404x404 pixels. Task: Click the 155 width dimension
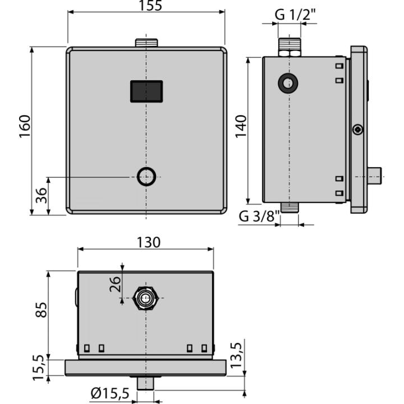point(150,6)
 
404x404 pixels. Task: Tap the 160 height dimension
point(25,126)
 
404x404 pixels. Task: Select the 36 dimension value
point(42,196)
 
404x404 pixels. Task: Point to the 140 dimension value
point(241,126)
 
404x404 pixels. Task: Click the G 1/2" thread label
point(295,15)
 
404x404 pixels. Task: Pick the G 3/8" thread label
point(259,216)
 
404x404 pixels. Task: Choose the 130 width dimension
point(148,242)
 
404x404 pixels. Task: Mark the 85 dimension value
point(41,310)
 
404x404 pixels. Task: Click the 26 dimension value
point(115,284)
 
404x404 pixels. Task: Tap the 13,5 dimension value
point(236,355)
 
